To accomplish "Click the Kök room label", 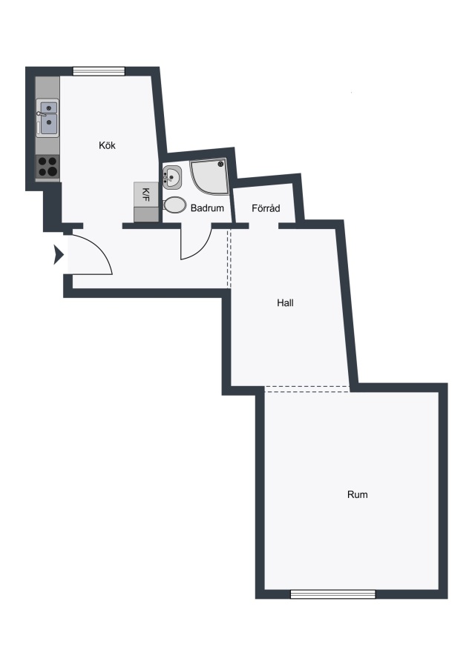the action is coord(107,145).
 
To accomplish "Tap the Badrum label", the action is coord(207,208).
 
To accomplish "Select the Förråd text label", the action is coord(266,208).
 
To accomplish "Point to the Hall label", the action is coord(285,303).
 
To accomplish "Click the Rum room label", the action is coord(358,495).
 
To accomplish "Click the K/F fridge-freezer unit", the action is coord(146,202).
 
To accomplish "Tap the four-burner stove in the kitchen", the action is coord(47,166).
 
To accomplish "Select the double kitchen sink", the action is coord(47,119).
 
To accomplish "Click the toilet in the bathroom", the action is coord(174,205).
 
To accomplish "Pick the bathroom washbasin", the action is coord(171,177).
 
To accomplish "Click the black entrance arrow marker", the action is coord(59,255).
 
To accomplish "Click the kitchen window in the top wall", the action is coord(99,71).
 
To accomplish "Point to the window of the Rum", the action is coord(332,594).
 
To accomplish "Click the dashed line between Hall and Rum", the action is coord(307,387).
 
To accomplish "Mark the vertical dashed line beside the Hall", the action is coord(229,258).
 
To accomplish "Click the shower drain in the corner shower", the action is coord(220,164).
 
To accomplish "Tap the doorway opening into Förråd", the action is coord(263,225).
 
